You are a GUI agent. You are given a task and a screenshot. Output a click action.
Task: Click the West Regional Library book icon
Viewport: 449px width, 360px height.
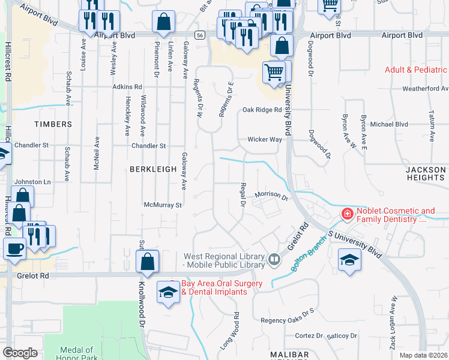pos(274,259)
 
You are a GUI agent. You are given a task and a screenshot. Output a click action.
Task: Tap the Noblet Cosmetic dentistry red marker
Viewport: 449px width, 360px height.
pos(347,214)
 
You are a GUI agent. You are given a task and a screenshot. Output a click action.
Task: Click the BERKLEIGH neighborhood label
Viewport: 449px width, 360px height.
pos(152,169)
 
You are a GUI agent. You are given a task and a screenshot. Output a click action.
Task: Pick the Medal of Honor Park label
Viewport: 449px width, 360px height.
pos(77,353)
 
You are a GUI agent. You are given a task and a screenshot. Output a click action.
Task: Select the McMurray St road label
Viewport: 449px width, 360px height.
pos(163,205)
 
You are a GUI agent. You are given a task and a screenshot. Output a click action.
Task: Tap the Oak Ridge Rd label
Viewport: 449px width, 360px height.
pos(262,110)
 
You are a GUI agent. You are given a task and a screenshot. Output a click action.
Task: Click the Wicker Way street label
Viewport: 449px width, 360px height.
pos(265,139)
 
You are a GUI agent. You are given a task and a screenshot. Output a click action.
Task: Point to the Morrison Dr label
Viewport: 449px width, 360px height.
pos(271,195)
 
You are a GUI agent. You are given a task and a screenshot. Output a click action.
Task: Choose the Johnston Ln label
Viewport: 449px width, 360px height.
pos(32,181)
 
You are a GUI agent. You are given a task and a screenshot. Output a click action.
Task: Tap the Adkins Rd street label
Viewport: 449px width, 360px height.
pos(127,87)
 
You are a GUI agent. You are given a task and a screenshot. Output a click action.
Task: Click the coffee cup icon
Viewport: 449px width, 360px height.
pos(14,248)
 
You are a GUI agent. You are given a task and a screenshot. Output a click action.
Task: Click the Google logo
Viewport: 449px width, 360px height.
pos(20,353)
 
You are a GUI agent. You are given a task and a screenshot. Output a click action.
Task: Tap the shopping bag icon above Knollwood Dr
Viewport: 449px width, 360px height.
pos(147,260)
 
